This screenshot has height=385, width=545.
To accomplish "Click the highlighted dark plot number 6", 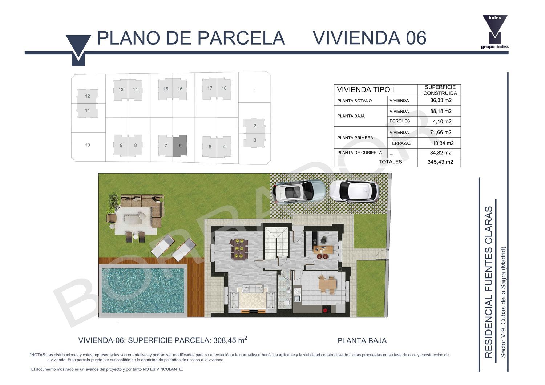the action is click(x=180, y=146).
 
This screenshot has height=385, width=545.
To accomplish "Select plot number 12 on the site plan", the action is click(x=87, y=96).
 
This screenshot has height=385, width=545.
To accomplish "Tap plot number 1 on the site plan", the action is click(x=254, y=90).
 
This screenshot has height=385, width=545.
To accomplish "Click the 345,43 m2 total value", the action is click(x=440, y=162).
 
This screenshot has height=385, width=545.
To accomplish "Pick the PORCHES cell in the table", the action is click(x=400, y=121).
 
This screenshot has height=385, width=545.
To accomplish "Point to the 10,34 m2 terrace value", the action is click(x=443, y=143).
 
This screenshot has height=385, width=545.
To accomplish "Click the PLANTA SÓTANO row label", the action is click(x=354, y=101).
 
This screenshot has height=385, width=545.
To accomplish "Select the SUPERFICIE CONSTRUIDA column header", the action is click(x=440, y=90).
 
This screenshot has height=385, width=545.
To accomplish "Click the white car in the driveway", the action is click(x=354, y=191).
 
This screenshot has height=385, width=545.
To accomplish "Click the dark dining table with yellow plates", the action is click(x=239, y=249).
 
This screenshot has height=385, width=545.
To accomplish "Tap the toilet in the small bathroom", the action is click(x=287, y=303).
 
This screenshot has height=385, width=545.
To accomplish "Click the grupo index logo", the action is click(x=495, y=32).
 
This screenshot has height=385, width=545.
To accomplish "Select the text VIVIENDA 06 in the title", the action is click(x=370, y=38).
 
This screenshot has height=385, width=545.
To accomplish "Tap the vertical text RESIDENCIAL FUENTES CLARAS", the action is click(x=489, y=282).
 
